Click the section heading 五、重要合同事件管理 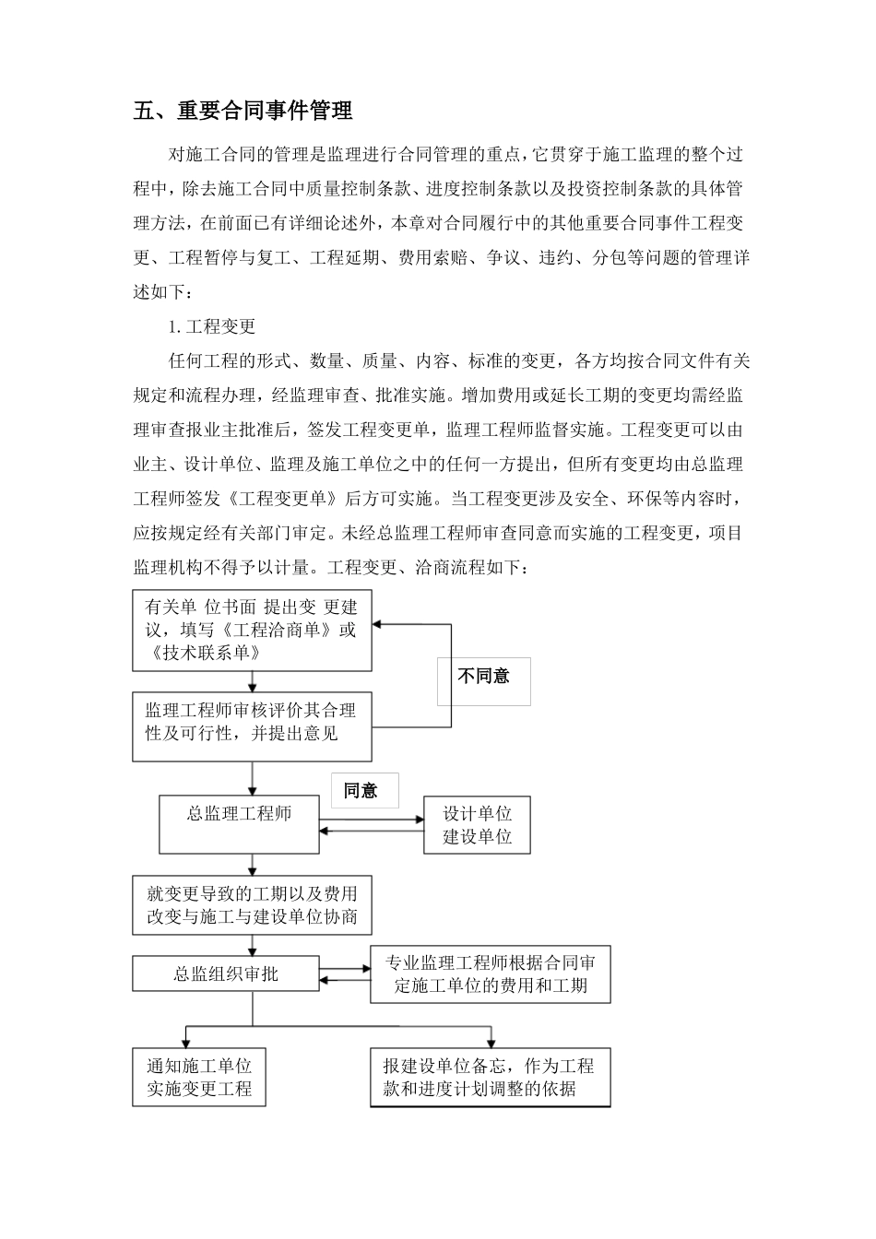[x=243, y=112]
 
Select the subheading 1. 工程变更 [x=211, y=326]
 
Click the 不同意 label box [x=484, y=677]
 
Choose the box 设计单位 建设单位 [x=477, y=825]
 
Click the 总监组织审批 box [x=226, y=973]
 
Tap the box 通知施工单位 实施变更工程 [x=199, y=1077]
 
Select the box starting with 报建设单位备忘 [x=490, y=1077]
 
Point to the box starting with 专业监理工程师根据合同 [x=491, y=974]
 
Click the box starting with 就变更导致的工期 [x=252, y=905]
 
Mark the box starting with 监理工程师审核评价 [x=252, y=722]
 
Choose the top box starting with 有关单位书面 [x=252, y=631]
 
